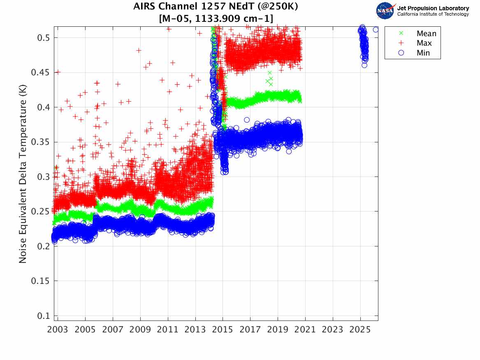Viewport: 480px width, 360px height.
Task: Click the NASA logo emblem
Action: coord(385,11)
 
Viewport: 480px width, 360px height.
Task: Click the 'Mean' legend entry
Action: coord(426,34)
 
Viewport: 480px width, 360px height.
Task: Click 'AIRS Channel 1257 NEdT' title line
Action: coord(216,7)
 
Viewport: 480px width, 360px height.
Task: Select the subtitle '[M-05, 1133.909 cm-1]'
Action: coord(216,18)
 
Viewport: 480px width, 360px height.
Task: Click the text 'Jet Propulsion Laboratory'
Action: coord(433,8)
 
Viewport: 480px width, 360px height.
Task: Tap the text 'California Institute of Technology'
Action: coord(433,14)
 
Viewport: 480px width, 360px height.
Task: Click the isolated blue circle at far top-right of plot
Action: coord(376,30)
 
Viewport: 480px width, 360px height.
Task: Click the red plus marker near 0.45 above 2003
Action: coord(58,72)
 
